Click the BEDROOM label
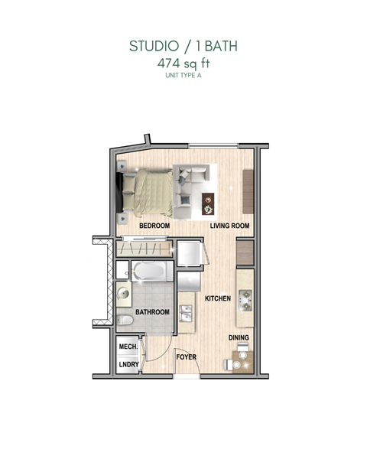(x=154, y=227)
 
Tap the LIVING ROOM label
(x=231, y=226)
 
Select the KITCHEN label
(x=218, y=298)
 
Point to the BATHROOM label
(x=152, y=313)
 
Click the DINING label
(x=239, y=337)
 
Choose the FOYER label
(x=187, y=356)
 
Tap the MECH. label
(x=128, y=347)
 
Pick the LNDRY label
(x=128, y=364)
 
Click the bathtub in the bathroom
(x=153, y=272)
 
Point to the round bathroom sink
(x=124, y=291)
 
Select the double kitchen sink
(x=186, y=314)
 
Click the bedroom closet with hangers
(x=145, y=249)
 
